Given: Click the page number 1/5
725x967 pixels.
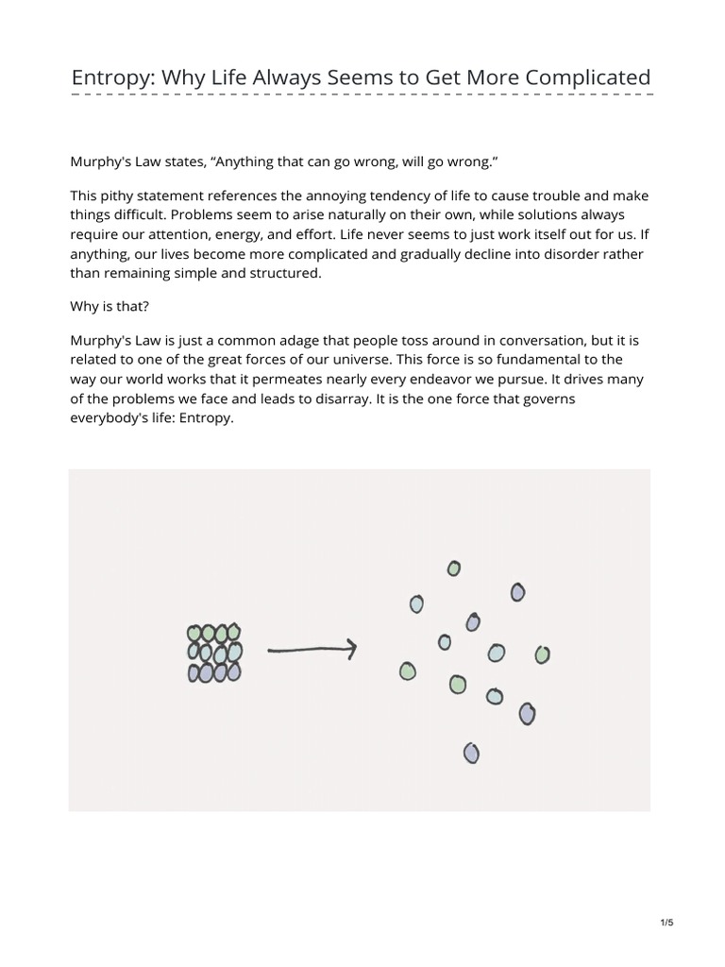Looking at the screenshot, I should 666,923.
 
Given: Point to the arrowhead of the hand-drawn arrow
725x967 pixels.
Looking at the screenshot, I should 350,648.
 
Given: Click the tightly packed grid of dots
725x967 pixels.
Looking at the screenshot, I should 214,652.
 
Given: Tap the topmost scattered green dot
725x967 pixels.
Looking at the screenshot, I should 454,568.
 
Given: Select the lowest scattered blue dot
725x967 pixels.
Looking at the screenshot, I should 471,753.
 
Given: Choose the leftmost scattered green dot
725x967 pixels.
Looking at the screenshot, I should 407,670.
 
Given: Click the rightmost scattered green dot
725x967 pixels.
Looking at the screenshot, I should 542,653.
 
